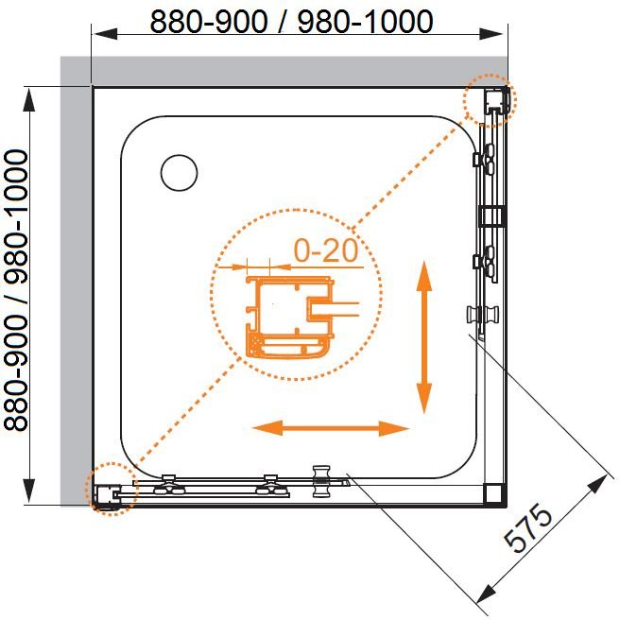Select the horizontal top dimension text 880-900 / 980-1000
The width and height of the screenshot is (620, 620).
291,21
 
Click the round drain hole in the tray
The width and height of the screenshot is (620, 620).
179,172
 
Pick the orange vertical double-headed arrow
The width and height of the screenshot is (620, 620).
424,336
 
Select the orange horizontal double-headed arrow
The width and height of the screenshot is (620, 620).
330,428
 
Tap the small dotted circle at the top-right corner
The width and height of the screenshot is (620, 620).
492,100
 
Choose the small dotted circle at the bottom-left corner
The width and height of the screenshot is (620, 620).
112,488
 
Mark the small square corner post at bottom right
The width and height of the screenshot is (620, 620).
492,493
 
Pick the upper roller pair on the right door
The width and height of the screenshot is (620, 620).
488,161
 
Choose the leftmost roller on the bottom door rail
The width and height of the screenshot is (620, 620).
170,484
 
